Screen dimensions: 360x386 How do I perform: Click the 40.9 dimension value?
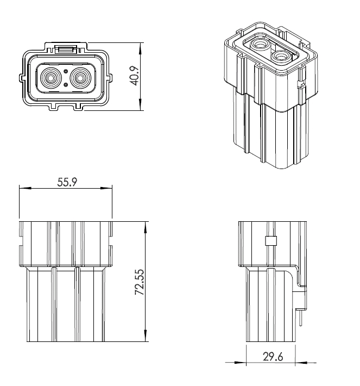coord(135,76)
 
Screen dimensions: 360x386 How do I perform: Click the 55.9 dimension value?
coord(67,182)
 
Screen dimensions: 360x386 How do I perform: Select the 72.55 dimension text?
coord(140,282)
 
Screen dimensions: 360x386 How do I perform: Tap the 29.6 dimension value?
coord(273,357)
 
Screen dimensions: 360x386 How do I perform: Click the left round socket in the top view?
coord(51,78)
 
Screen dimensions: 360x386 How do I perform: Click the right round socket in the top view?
coord(80,78)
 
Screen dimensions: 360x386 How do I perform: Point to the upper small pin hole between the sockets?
coord(66,72)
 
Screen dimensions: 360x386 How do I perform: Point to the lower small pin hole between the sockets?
coord(66,85)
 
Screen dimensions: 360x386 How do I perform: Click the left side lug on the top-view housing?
coord(22,78)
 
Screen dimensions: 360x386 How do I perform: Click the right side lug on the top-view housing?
coord(110,78)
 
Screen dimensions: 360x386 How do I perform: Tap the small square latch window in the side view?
coord(271,241)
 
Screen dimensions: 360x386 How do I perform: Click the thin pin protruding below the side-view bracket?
coord(300,318)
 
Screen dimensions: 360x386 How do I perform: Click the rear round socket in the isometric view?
coord(260,45)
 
